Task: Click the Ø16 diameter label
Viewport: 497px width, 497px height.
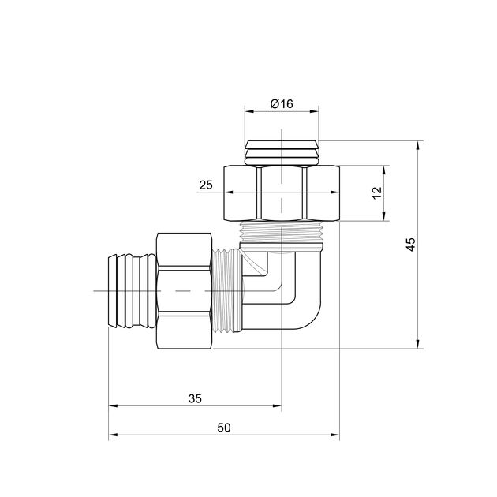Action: (282, 103)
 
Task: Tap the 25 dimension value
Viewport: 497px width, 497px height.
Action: (206, 185)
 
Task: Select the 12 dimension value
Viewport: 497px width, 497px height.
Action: (377, 192)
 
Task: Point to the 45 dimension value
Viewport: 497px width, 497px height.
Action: (411, 244)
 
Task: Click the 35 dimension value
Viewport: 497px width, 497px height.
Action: (195, 398)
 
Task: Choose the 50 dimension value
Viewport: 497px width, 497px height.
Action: (224, 428)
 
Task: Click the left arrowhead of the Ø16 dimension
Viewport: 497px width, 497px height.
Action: (249, 111)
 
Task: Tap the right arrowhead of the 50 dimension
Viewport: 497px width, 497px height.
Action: (335, 435)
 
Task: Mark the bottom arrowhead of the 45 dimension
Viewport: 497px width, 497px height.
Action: (418, 344)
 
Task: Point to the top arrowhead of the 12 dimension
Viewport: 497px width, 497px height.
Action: (384, 170)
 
